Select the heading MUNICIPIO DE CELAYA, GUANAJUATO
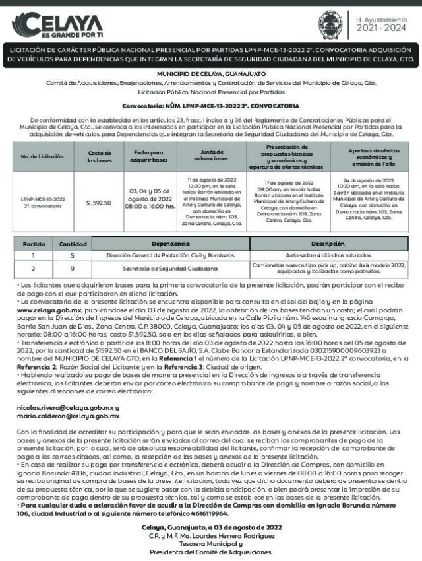point(210,75)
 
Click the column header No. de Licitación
point(42,156)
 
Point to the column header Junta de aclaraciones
point(212,156)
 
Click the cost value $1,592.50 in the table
point(99,203)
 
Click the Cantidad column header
point(73,244)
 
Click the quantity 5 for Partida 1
point(73,255)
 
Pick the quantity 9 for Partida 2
point(73,269)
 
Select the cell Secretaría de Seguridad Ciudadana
point(170,269)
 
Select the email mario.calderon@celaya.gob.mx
point(68,416)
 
